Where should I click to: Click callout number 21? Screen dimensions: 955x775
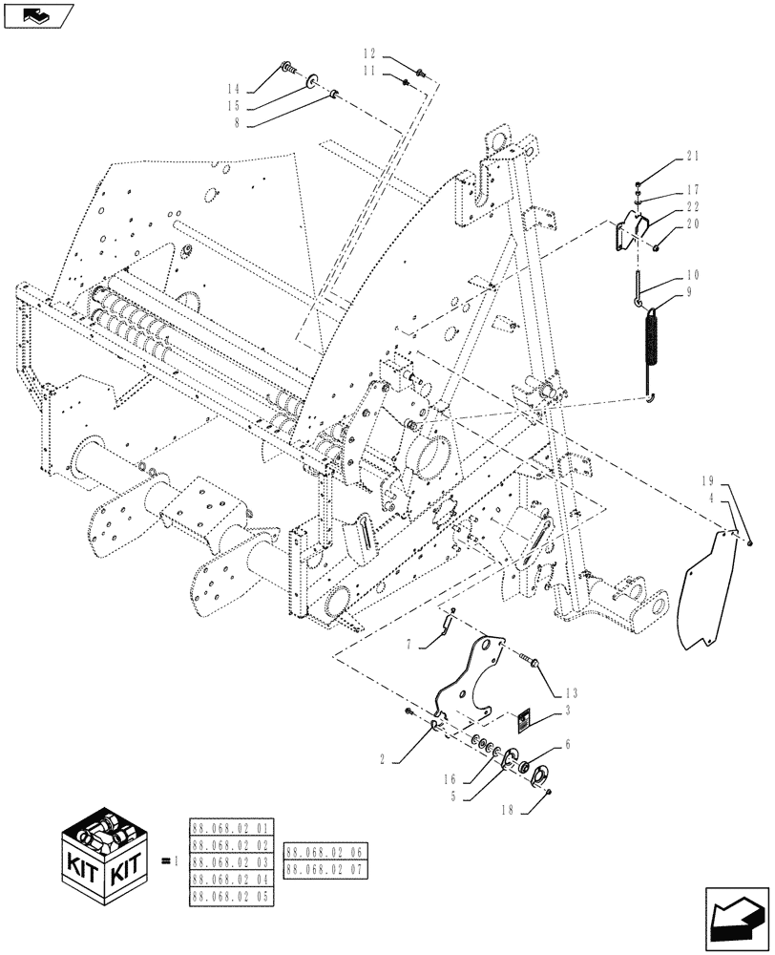[x=692, y=157]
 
